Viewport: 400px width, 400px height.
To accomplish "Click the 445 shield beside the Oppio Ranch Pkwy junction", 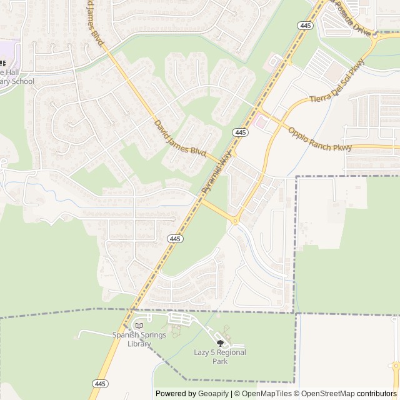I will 240,132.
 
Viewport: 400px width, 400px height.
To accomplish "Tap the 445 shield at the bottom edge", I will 100,383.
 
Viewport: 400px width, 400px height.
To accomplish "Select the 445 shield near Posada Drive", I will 306,24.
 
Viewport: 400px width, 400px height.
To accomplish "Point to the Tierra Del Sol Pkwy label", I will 337,87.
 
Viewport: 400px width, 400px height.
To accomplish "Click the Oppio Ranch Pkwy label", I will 320,139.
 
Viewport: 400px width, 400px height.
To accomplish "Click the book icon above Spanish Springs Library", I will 139,326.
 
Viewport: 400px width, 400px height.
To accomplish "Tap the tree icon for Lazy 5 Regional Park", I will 219,342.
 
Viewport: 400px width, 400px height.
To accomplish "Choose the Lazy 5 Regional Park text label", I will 219,357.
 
